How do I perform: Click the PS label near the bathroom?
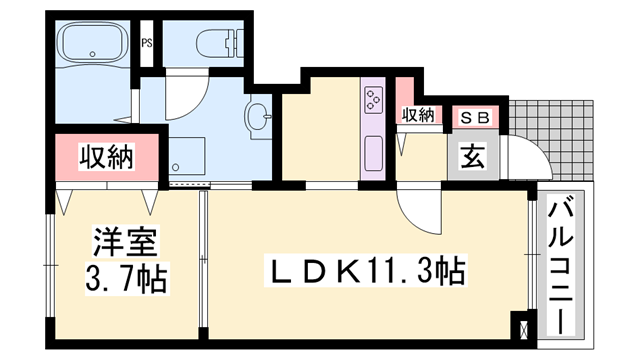tap(147, 42)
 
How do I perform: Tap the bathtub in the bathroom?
tap(93, 41)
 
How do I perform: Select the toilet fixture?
tap(220, 41)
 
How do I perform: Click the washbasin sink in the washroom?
tap(258, 116)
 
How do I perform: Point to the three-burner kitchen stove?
tap(373, 99)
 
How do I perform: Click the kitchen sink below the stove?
tap(373, 152)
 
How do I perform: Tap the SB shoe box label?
tap(474, 118)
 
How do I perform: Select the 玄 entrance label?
tap(473, 157)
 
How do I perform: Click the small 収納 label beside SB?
tap(418, 116)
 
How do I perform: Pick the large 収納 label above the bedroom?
tap(107, 157)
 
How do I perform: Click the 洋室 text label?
tap(125, 241)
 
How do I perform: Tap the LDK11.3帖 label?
tap(365, 270)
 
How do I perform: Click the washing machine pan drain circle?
tap(176, 167)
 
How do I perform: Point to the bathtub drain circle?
tap(93, 54)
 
